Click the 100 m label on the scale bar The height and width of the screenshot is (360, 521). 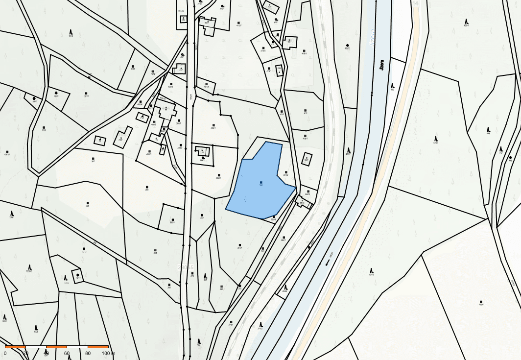pos(108,353)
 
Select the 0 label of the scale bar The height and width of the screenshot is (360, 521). pos(5,353)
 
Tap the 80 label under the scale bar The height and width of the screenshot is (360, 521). pos(88,353)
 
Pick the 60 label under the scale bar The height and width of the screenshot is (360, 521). pos(67,353)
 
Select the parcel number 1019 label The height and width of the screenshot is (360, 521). pos(87,96)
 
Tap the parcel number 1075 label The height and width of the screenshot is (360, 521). pos(133,69)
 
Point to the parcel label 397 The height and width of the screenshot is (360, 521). pos(93,161)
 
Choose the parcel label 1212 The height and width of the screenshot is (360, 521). pos(84,251)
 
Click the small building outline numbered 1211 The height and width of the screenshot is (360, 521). pos(77,275)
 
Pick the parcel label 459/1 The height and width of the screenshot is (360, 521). pos(466,25)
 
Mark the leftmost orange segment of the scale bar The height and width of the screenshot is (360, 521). pos(15,347)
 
